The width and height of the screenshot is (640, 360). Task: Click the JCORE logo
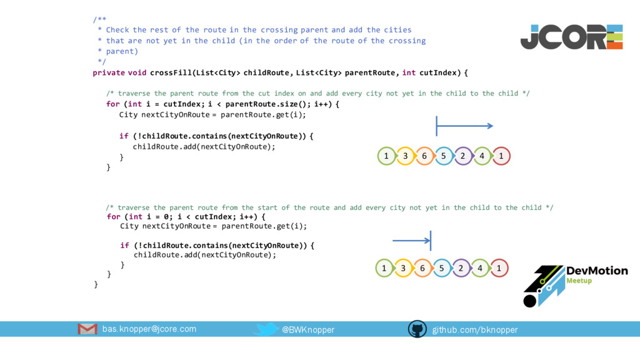coord(571,37)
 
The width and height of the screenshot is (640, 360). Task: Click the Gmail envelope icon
coord(87,329)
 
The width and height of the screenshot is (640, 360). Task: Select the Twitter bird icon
coord(267,329)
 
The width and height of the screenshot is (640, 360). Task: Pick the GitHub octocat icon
coord(417,329)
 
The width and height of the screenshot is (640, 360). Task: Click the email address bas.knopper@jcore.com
coord(149,329)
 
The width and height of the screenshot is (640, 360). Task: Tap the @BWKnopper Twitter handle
coord(308,329)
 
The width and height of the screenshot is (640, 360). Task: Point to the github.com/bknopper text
coord(475,329)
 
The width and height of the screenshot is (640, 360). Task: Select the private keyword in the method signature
coord(108,72)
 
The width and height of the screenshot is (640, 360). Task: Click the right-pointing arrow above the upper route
coord(464,126)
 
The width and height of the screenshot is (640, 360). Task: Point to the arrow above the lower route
coord(412,240)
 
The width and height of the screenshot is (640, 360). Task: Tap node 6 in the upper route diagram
coord(424,156)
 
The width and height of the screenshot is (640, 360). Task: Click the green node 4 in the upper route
coord(482,156)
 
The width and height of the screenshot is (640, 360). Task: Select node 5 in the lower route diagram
coord(441,269)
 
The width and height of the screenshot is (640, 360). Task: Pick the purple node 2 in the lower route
coord(461,269)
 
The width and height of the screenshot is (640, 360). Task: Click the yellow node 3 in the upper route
coord(405,156)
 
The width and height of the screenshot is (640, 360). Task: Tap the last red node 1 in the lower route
coord(499,269)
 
